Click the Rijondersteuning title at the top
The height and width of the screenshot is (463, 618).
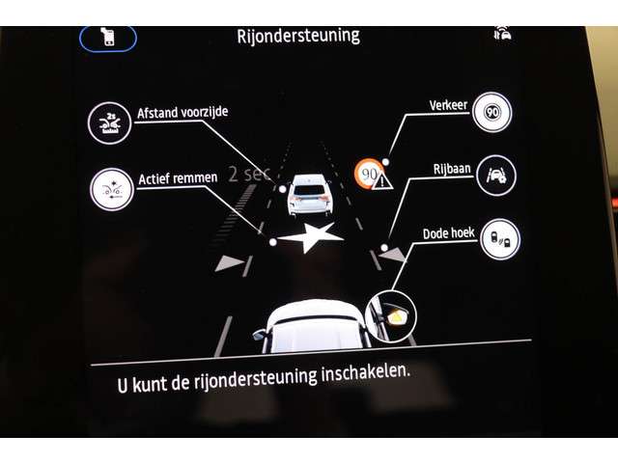point(298,37)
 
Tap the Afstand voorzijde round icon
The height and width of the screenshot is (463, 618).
point(109,123)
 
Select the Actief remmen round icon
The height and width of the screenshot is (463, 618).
point(112,189)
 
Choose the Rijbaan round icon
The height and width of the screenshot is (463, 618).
point(495,176)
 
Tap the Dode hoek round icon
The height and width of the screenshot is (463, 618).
point(500,239)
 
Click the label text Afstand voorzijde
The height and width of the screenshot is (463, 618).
point(183,112)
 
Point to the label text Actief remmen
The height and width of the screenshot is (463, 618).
point(178,178)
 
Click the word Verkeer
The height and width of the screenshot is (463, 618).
point(448,105)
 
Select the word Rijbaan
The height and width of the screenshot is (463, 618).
point(452,169)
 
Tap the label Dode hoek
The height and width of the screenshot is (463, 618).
point(448,233)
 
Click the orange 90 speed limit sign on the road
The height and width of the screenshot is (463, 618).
point(369,174)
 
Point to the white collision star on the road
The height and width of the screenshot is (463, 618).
point(310,237)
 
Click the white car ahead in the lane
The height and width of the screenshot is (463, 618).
point(310,195)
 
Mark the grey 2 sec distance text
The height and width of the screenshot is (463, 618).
point(249,174)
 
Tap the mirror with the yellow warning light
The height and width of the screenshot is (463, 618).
point(391,316)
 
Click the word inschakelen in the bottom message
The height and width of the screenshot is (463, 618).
point(365,374)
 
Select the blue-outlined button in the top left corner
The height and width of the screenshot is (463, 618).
point(108,39)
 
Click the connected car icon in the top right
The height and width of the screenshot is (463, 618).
point(502,33)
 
